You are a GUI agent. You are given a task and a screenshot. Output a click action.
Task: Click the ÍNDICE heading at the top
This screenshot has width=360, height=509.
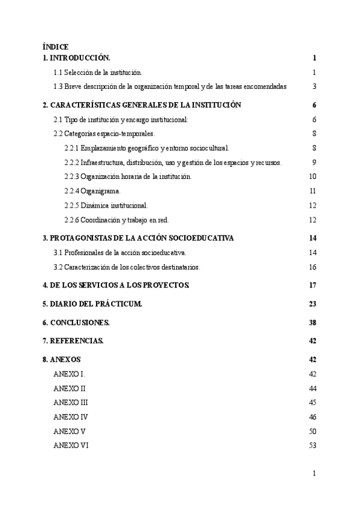55,47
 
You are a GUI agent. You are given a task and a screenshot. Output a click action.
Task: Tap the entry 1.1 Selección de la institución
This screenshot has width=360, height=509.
98,73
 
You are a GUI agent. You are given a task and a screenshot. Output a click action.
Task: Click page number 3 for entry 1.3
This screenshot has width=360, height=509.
314,86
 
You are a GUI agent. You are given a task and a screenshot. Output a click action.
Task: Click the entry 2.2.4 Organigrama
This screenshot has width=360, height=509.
92,191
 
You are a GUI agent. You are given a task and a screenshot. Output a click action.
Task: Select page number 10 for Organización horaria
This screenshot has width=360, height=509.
312,176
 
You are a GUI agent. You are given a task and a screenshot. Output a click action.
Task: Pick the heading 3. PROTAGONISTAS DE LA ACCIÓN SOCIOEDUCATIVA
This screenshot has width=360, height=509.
138,238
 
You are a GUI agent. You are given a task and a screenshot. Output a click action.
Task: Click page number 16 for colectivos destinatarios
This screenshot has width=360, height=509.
312,267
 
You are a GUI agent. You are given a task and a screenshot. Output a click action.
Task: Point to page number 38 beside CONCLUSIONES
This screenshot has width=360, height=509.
312,322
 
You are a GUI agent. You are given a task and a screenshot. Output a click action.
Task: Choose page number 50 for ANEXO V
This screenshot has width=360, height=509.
312,431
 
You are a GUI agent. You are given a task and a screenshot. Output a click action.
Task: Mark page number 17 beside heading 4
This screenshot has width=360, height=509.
312,285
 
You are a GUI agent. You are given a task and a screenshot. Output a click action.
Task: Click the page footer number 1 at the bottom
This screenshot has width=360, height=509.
314,474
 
